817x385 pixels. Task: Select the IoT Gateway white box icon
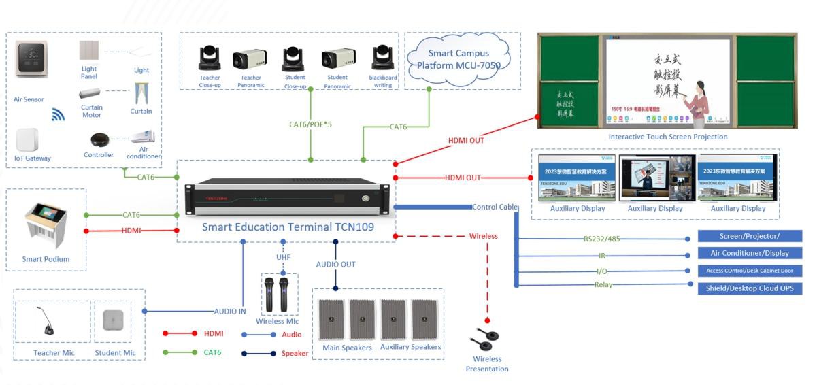click(x=28, y=139)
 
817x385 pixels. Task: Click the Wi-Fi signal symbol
click(x=59, y=114)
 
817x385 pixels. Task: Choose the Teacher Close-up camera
click(x=209, y=58)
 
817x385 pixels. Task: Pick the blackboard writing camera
click(x=383, y=58)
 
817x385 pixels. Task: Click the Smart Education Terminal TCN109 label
click(x=288, y=227)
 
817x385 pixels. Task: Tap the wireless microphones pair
click(x=277, y=294)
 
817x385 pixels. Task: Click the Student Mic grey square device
click(x=113, y=320)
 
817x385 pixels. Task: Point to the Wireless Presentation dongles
click(x=487, y=337)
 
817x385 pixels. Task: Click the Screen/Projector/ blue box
click(x=750, y=236)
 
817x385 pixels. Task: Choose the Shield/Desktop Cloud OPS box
click(x=750, y=288)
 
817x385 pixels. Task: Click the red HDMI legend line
click(x=180, y=333)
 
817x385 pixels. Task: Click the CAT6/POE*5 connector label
click(x=311, y=124)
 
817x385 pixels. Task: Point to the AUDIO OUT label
click(x=335, y=264)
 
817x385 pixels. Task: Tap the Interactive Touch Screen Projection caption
click(x=667, y=137)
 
